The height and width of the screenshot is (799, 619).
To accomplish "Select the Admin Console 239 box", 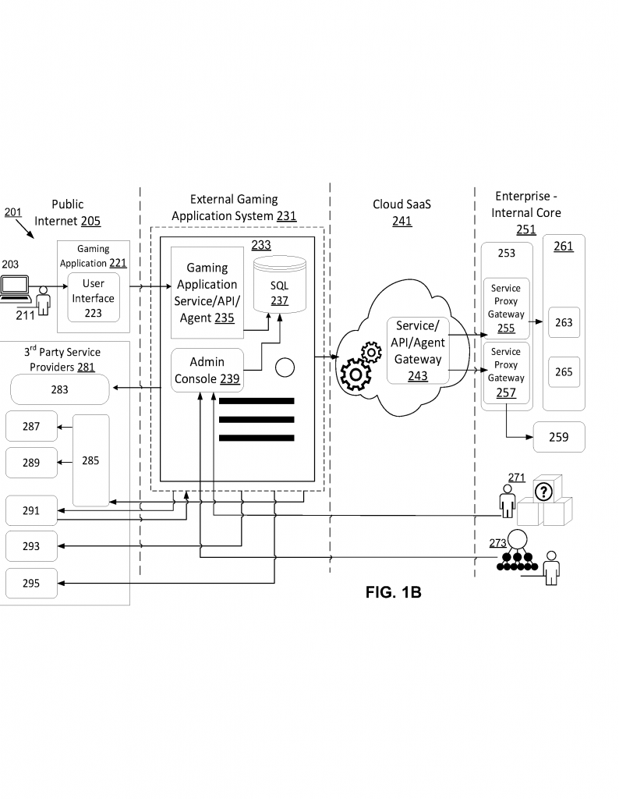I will point(207,371).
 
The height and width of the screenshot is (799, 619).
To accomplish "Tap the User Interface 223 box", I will point(93,297).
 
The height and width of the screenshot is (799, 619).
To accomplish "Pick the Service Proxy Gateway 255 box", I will point(506,307).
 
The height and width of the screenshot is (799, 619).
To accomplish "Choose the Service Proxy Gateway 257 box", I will point(506,372).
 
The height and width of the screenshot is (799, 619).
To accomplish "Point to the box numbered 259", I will point(558,437).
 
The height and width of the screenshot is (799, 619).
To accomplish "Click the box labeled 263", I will point(564,322).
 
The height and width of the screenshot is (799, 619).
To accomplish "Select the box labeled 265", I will point(564,372).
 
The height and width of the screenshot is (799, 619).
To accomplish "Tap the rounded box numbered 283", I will point(59,389).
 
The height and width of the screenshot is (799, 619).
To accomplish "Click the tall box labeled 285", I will point(90,460).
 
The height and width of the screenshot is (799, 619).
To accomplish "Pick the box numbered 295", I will point(30,583).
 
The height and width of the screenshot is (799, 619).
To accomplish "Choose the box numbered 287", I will point(30,427).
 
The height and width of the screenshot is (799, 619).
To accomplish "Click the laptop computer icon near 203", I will point(15,287).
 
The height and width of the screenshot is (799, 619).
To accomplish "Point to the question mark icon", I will point(543,491).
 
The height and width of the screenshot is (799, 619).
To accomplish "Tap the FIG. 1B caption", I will point(393,592).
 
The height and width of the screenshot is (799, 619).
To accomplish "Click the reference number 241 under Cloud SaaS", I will point(401,221).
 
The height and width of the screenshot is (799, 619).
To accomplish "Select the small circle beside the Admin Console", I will point(285,366).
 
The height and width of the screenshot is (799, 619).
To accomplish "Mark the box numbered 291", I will point(30,510).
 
